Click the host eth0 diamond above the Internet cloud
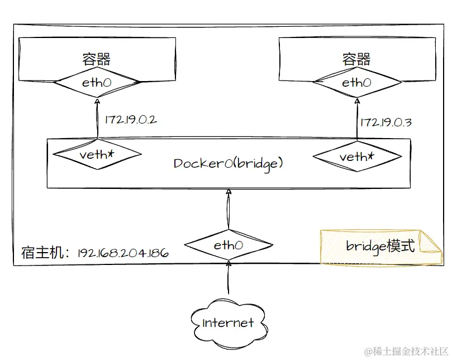tap(228, 245)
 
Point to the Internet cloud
tap(228, 322)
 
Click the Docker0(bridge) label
tap(228, 163)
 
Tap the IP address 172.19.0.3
tap(386, 122)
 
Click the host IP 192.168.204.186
tap(123, 253)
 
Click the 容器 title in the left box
tap(96, 59)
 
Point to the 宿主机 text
tap(43, 253)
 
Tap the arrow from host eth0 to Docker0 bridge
tap(228, 209)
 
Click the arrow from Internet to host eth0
tap(228, 277)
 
